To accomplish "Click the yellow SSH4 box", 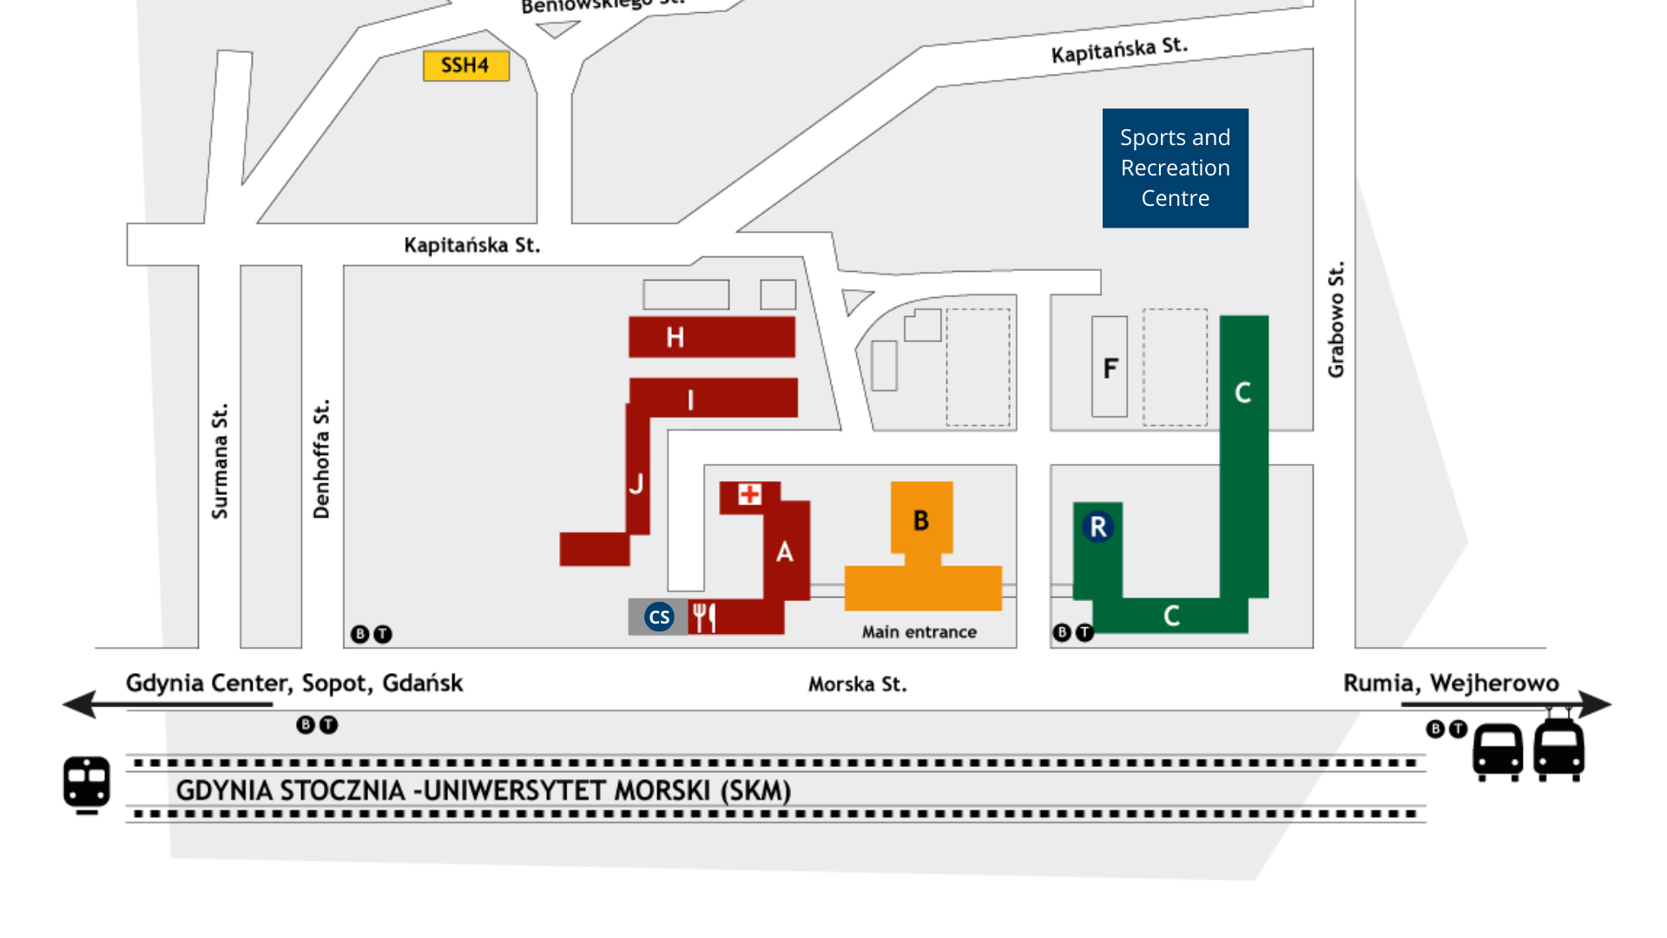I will (465, 66).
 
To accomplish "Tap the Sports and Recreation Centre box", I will (1175, 168).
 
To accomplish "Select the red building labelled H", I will (711, 337).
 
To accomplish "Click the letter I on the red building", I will (690, 400).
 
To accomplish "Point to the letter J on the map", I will (636, 484).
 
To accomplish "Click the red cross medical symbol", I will (749, 495).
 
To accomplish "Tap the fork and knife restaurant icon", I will (703, 618).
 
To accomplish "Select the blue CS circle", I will (659, 618).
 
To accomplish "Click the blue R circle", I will (1097, 526).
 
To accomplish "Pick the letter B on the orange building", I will (921, 520).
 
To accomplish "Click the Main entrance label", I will (919, 632).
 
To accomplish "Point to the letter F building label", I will (1110, 368).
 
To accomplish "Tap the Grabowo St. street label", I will (1336, 320).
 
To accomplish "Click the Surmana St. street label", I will (220, 460).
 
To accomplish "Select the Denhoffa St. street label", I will (321, 459).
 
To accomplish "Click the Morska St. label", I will (857, 684).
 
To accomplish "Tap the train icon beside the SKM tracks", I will (87, 784).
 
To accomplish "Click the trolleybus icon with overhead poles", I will (1558, 747).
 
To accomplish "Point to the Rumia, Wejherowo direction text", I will (1450, 684).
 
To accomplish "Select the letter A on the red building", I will (784, 552).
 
